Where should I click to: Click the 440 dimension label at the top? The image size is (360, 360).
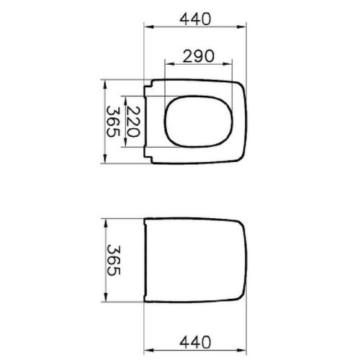195,19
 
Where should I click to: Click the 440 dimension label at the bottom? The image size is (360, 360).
195,342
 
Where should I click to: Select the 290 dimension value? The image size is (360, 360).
198,56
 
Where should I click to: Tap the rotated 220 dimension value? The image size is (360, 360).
133,122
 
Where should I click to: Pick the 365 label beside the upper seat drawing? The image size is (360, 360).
113,122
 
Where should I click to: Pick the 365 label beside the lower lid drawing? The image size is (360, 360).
113,260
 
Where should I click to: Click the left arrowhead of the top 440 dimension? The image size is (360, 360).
148,27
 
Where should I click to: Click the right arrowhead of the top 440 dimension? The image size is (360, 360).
242,27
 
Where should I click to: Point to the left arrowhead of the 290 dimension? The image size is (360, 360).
170,64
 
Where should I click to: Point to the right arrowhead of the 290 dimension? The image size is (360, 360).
228,64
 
